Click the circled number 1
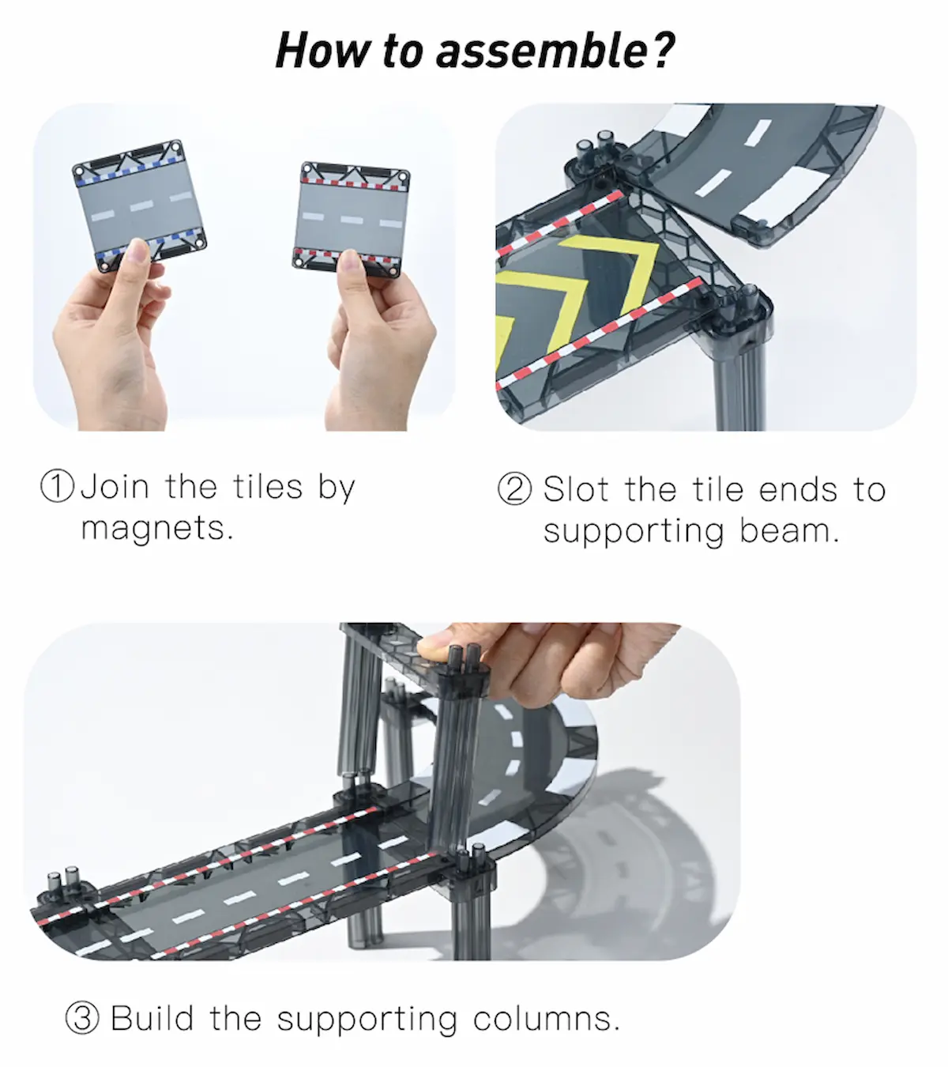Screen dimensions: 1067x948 click(x=58, y=486)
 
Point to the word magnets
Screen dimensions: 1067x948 click(x=156, y=528)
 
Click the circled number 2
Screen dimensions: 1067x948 click(x=514, y=489)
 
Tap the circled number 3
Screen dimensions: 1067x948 click(x=82, y=1018)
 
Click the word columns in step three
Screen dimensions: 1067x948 click(x=545, y=1018)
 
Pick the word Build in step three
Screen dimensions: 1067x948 click(x=152, y=1018)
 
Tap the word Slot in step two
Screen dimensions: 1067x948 click(x=576, y=489)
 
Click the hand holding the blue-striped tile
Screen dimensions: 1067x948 click(x=111, y=340)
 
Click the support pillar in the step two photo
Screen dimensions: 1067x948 click(x=739, y=371)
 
